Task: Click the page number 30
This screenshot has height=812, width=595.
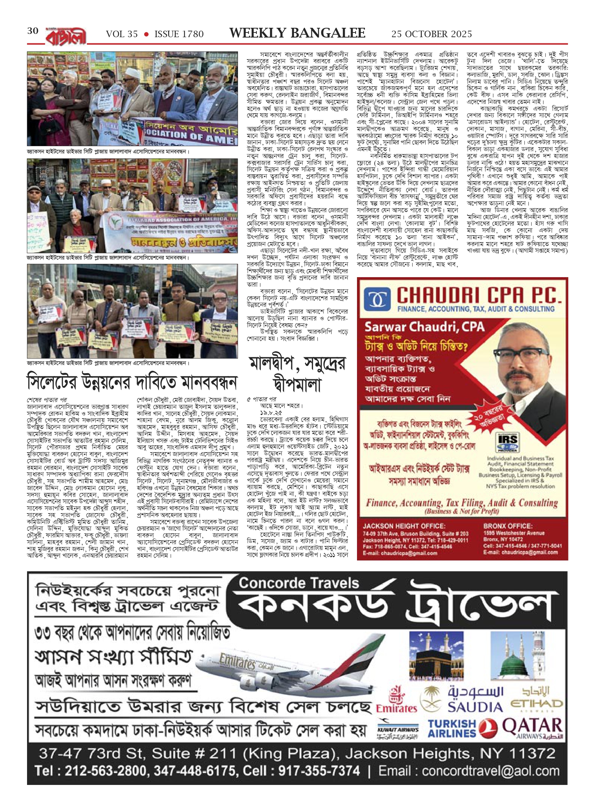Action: coord(33,31)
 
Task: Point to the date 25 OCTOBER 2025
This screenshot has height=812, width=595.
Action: coord(431,34)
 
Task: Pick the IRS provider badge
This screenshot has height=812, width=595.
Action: coord(507,442)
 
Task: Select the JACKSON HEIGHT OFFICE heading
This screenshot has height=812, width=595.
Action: coord(404,526)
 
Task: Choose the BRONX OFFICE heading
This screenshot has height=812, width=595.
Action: coord(507,526)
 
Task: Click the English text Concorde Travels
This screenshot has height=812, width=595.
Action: coord(299,583)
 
